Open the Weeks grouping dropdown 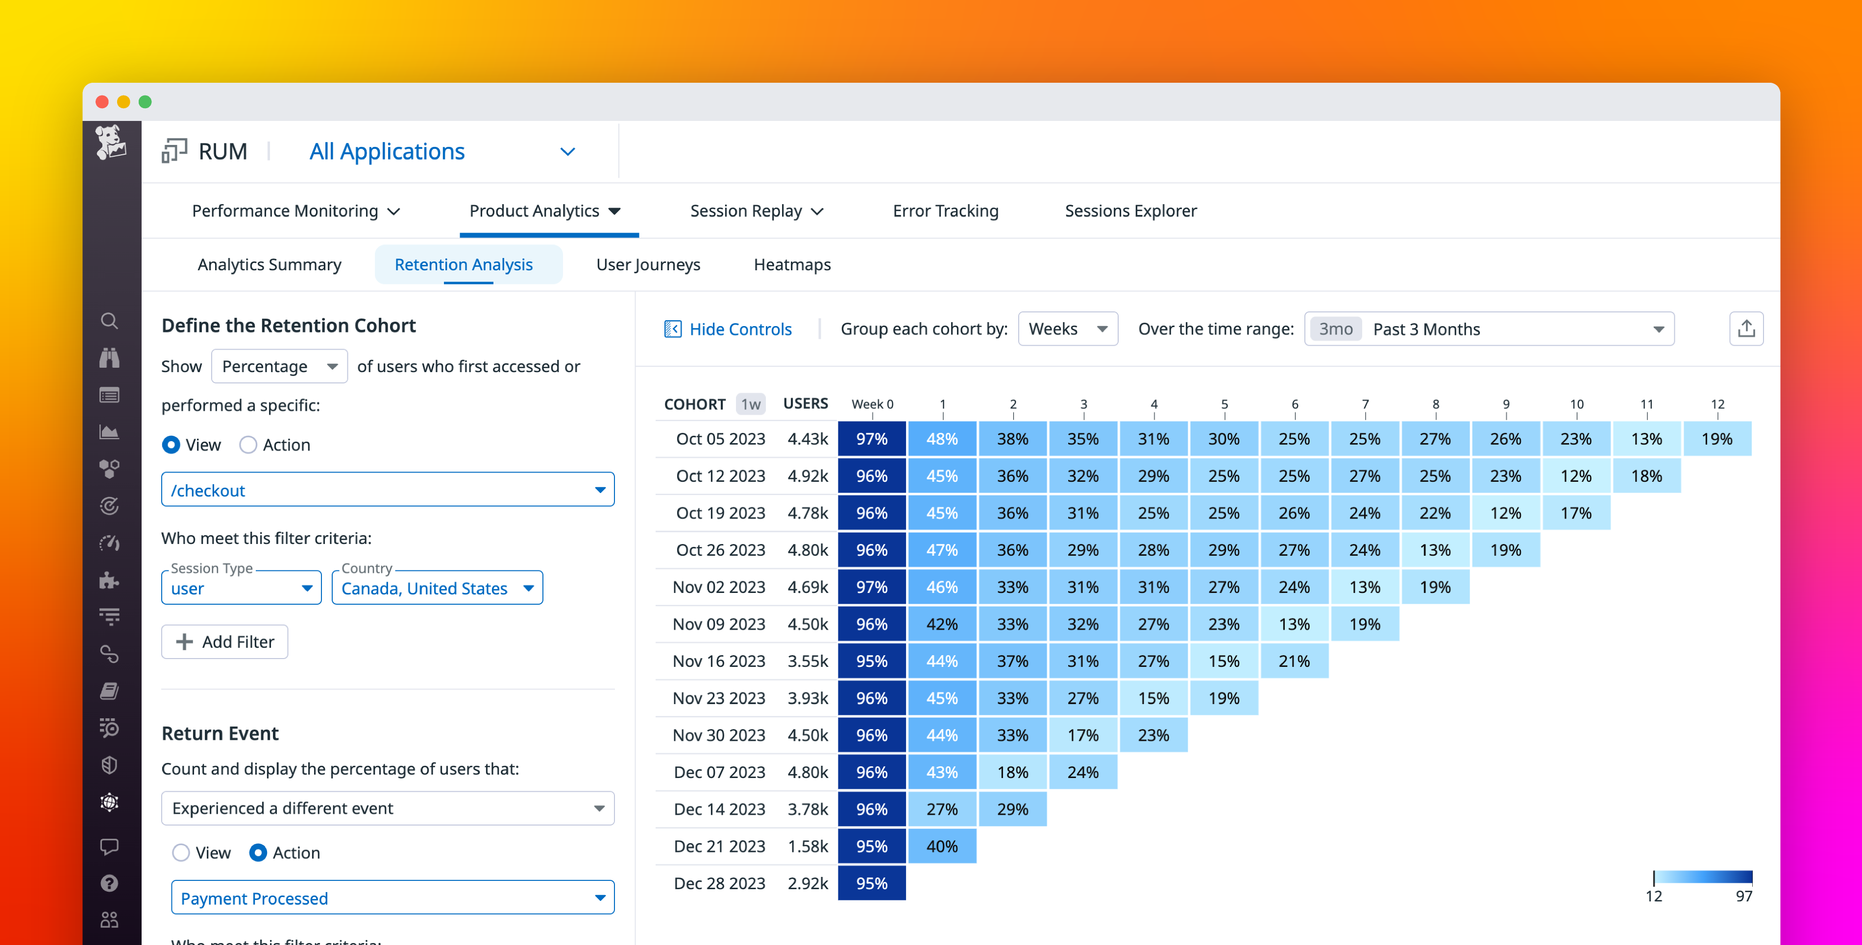point(1067,330)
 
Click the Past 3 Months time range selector point(1489,330)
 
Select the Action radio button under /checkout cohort point(248,445)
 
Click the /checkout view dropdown point(388,491)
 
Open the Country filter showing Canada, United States point(437,588)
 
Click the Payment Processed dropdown point(392,898)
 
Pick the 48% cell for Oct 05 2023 point(942,439)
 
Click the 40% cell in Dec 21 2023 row point(942,846)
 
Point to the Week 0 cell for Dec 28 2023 point(872,884)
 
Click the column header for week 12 point(1717,404)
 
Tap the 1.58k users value point(808,846)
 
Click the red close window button point(102,102)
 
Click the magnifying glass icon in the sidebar point(109,321)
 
